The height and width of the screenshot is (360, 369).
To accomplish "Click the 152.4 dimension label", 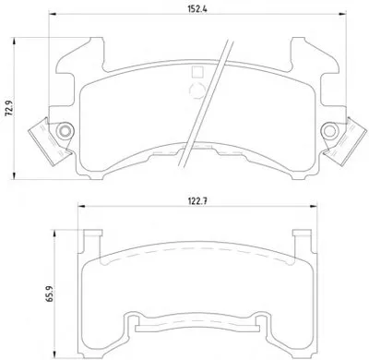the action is (x=197, y=9).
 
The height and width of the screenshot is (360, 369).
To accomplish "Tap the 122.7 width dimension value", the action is (x=197, y=201).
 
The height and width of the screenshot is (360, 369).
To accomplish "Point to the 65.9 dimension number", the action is (x=50, y=294).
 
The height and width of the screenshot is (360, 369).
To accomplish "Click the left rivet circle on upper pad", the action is (x=65, y=131).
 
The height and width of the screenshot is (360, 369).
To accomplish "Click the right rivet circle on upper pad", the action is (x=329, y=131).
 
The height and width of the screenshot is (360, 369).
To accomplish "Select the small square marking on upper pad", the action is (x=196, y=72).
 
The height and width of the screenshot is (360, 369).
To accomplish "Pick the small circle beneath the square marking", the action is (x=196, y=91).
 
